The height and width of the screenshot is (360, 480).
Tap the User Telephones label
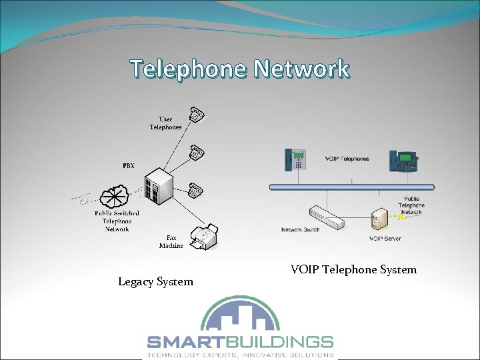click(x=165, y=123)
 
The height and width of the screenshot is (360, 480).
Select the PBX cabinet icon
click(x=159, y=186)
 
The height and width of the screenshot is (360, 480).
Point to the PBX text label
click(x=128, y=165)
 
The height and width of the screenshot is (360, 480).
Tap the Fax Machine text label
click(x=171, y=241)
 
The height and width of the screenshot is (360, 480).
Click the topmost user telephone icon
click(x=195, y=115)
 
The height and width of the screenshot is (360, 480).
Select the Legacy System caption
click(x=155, y=281)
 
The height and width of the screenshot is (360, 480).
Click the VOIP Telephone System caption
click(x=353, y=269)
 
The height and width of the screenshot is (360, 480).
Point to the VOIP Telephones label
click(x=347, y=159)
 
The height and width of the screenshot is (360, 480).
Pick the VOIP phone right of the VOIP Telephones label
click(x=404, y=161)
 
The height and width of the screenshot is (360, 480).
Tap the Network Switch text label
click(x=300, y=230)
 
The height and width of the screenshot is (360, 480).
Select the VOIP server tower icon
click(x=380, y=221)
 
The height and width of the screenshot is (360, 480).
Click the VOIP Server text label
click(x=385, y=238)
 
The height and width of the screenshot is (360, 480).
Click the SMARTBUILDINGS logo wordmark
click(x=239, y=343)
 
